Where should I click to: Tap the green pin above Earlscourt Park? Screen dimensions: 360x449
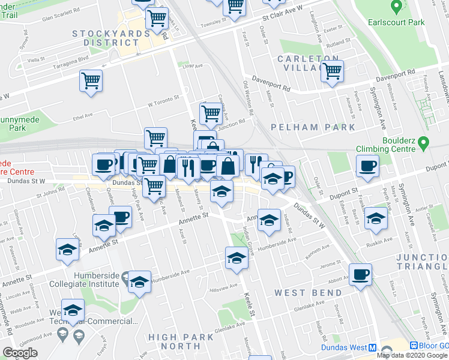point(396,7)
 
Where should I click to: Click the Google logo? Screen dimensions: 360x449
point(20,353)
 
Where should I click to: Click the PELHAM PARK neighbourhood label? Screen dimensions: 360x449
point(312,127)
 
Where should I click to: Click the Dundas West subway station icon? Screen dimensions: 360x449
point(373,347)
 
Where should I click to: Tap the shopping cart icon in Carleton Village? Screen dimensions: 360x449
point(331,71)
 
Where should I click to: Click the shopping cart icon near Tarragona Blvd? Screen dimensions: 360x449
point(91,80)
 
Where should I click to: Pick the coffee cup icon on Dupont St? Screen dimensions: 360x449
point(367,166)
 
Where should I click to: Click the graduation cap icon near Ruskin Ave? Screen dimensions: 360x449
point(376,218)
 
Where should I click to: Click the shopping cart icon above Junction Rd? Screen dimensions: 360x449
point(210,112)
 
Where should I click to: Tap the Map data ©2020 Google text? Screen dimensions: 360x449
point(412,355)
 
